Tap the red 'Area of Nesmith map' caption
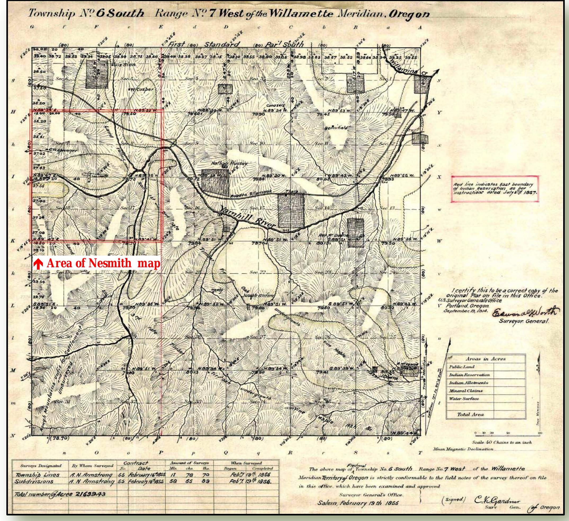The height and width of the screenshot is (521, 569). pos(98,264)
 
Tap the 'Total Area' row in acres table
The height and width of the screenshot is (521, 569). pos(470,415)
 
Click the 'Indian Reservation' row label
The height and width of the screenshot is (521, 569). pos(469,375)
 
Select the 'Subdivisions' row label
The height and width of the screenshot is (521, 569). pos(34,481)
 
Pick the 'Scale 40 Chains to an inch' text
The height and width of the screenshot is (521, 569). pos(502,442)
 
